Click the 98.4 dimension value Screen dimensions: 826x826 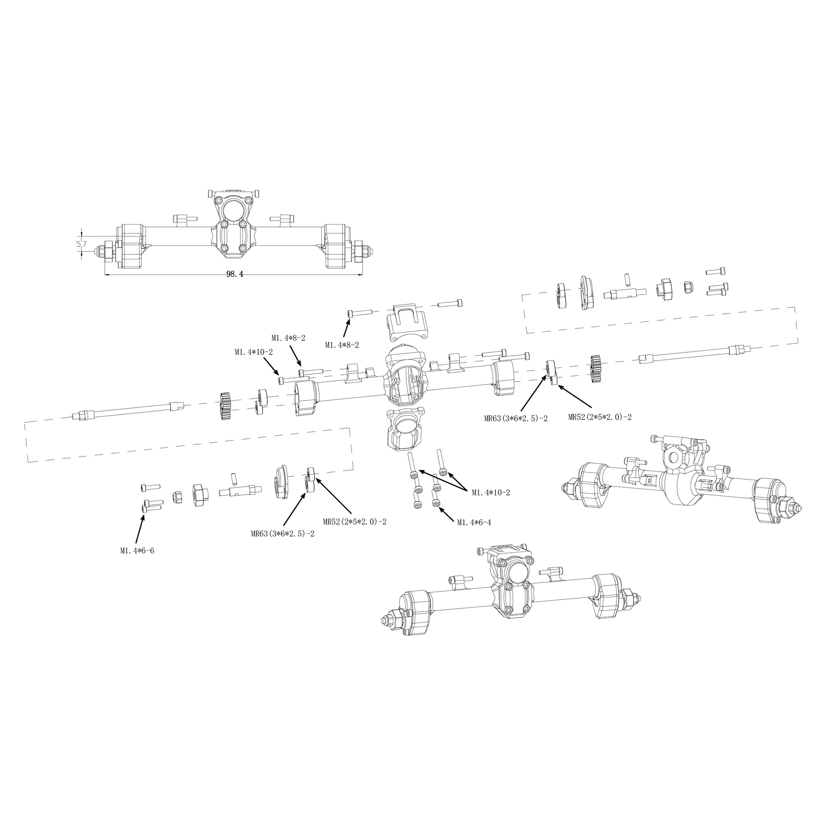(234, 274)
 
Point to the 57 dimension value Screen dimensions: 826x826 (81, 244)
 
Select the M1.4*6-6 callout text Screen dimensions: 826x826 (137, 551)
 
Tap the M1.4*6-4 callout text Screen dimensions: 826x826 (474, 522)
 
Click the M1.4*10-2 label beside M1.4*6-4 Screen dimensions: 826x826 (491, 492)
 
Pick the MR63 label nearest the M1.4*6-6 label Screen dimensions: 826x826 (283, 534)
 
